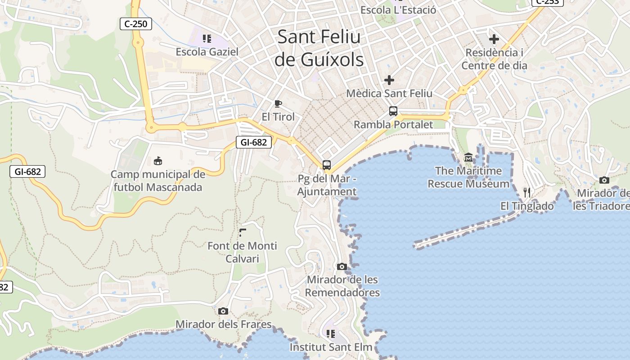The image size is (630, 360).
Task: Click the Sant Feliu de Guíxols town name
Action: tap(319, 48)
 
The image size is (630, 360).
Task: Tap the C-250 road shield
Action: tap(135, 24)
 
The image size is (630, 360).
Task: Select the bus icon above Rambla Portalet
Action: tap(393, 111)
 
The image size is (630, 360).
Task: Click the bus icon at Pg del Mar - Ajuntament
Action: tap(327, 165)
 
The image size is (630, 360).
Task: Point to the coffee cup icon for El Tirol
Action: tap(278, 104)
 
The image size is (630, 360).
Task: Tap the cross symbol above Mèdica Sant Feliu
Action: tap(389, 80)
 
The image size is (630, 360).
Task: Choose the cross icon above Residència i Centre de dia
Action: tap(494, 39)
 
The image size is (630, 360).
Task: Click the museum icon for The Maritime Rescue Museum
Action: tap(468, 157)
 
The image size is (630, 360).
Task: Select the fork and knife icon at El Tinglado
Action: tap(527, 193)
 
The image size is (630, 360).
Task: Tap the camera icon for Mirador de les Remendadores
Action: tap(342, 266)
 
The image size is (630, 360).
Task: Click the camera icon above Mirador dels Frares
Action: tap(223, 311)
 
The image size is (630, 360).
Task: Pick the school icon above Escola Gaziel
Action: tap(207, 38)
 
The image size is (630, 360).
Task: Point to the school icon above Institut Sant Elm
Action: tap(331, 334)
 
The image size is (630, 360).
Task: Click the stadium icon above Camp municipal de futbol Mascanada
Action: tap(157, 161)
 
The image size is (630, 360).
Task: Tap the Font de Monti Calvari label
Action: tap(242, 252)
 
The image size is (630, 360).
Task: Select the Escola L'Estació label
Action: tap(398, 10)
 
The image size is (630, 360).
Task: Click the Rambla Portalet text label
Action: tap(393, 125)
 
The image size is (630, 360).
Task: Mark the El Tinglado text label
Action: tap(527, 206)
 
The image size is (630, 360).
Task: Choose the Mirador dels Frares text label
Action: tap(224, 324)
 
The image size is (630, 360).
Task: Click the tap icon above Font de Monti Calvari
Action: tap(243, 233)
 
